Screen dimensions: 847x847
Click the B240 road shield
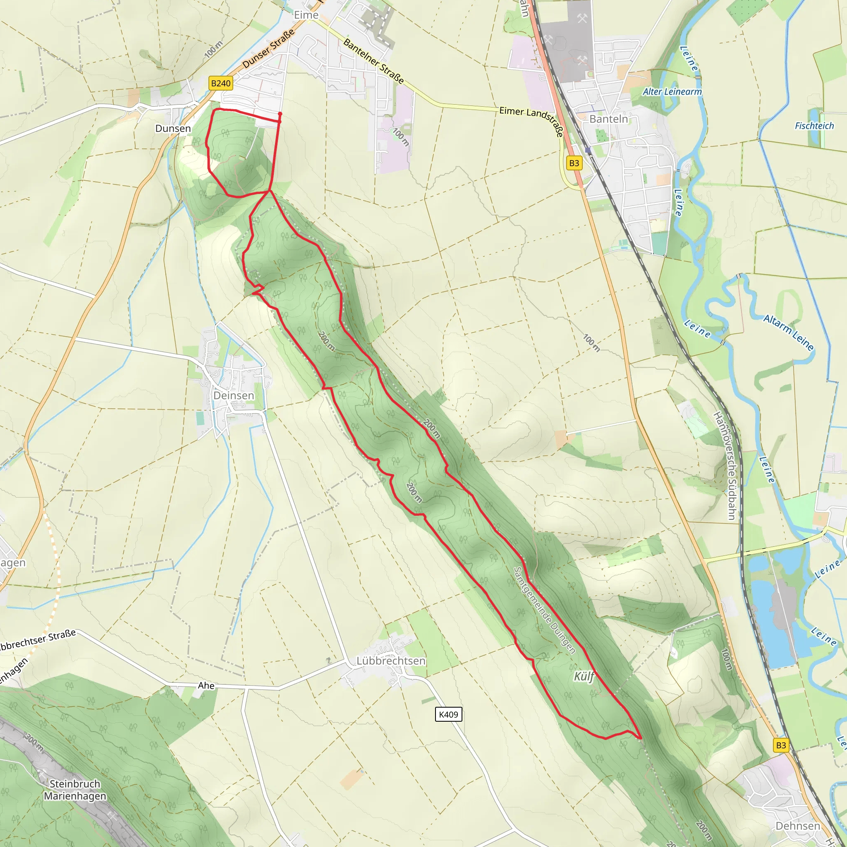point(220,83)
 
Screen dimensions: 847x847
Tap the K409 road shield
point(448,715)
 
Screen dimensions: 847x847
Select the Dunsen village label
point(173,129)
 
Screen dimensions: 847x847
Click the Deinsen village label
point(234,395)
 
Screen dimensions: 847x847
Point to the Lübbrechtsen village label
point(390,660)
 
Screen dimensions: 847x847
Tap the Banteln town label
point(608,119)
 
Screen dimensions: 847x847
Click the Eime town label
point(306,15)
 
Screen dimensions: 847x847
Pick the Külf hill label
point(584,677)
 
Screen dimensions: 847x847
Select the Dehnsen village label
point(798,826)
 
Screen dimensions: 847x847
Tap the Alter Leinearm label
point(672,92)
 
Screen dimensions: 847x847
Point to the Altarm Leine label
point(789,333)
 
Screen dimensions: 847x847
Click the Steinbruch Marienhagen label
point(75,790)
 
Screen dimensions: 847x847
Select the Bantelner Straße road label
point(373,61)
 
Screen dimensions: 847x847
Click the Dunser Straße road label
point(268,49)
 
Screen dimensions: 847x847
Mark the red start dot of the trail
point(280,114)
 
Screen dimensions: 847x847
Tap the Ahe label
point(206,685)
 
